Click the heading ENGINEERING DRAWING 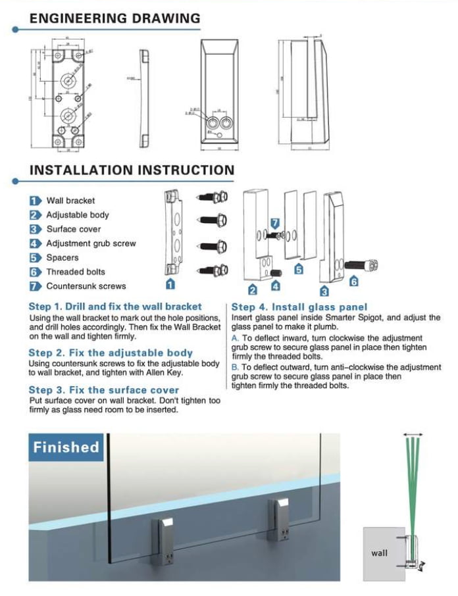click(x=115, y=18)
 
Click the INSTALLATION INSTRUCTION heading click(x=132, y=170)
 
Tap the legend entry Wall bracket click(x=70, y=201)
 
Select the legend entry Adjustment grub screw click(x=91, y=243)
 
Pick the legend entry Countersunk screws click(x=86, y=286)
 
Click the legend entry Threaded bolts click(x=75, y=272)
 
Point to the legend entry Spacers click(x=63, y=258)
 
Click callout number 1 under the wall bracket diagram click(x=170, y=284)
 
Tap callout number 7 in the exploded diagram click(x=276, y=223)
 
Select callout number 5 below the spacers click(x=299, y=269)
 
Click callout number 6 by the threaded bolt click(x=355, y=281)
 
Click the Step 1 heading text click(x=115, y=307)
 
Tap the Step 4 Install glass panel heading click(x=299, y=307)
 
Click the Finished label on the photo click(x=66, y=447)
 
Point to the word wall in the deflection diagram click(x=380, y=553)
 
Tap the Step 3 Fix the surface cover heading click(x=104, y=390)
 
